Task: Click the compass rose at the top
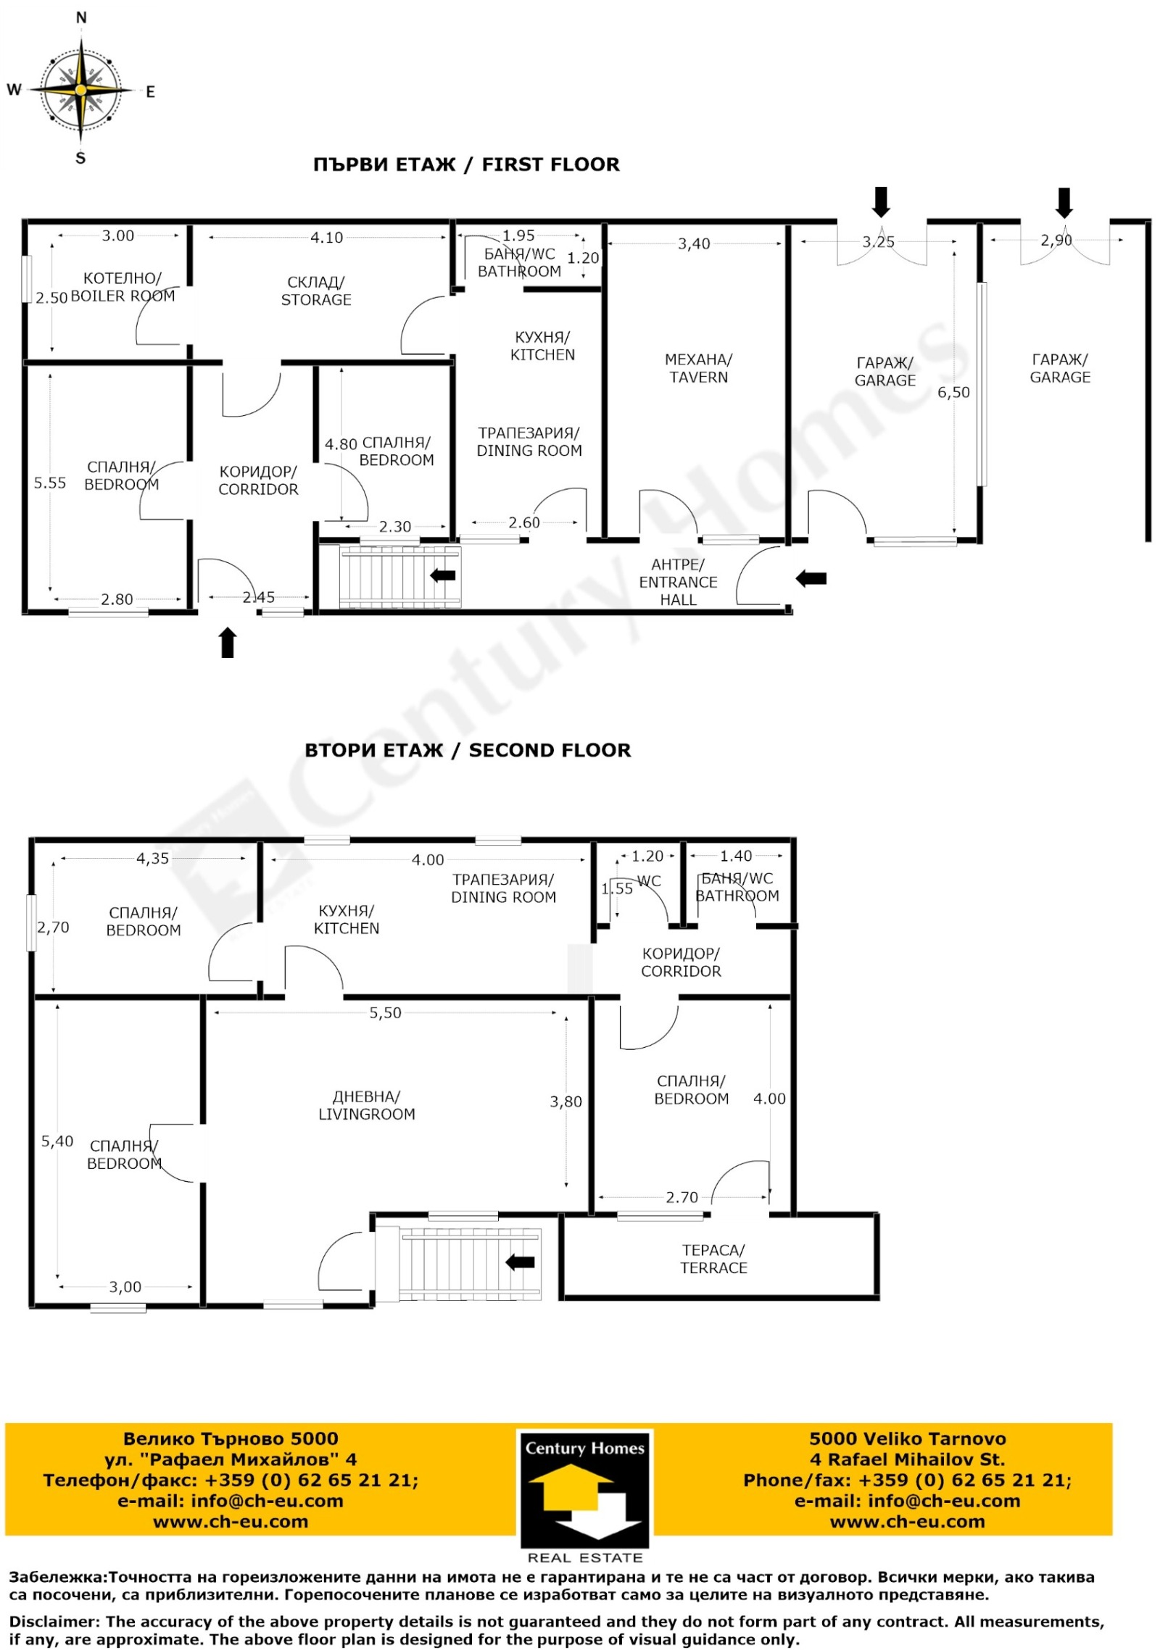point(81,89)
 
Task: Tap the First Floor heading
point(466,164)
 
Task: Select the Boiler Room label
point(122,287)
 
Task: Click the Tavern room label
point(698,368)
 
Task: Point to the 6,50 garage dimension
point(953,392)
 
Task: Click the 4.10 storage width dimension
point(326,238)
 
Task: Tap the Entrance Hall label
point(678,582)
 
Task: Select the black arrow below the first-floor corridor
point(228,643)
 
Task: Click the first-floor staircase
point(400,577)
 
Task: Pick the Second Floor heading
point(468,750)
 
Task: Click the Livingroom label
point(367,1105)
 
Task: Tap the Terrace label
point(713,1259)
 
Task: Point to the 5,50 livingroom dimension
point(385,1013)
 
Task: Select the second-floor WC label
point(649,881)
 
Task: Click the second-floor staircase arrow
point(520,1262)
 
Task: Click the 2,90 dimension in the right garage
point(1056,240)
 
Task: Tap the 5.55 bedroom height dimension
point(50,483)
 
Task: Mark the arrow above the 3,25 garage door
point(881,202)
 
